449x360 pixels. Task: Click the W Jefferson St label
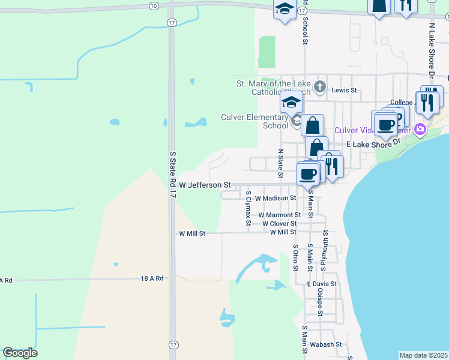(205, 185)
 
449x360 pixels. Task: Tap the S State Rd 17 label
(173, 175)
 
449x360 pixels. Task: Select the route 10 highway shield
(154, 5)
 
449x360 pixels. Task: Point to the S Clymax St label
(249, 209)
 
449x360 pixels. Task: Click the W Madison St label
(276, 197)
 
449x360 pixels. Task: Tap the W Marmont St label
(280, 215)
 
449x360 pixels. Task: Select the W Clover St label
(280, 224)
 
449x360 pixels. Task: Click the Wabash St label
(326, 344)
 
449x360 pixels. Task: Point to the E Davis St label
(322, 284)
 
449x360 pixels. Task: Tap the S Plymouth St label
(325, 246)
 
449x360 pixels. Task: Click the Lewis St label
(345, 91)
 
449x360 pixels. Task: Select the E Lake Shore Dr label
(373, 145)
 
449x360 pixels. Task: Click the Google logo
(20, 353)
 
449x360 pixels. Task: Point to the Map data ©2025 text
(424, 355)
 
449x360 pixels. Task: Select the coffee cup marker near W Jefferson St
(307, 174)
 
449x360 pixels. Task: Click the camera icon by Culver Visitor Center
(420, 129)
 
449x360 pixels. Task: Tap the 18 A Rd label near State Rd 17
(152, 278)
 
